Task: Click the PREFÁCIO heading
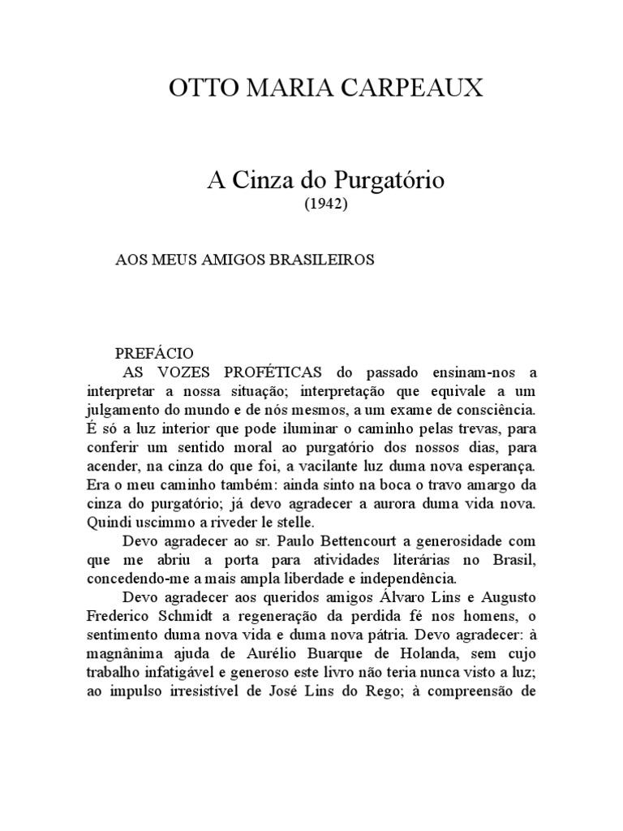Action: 154,354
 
